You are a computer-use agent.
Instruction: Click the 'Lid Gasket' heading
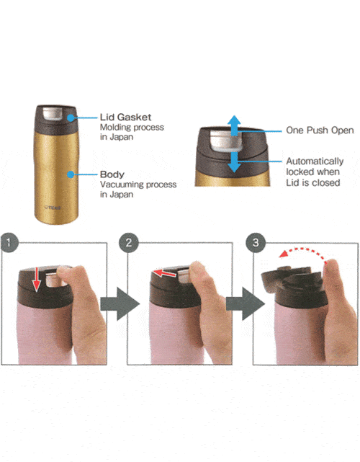pyautogui.click(x=125, y=117)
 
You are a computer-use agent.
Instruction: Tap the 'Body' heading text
pyautogui.click(x=112, y=174)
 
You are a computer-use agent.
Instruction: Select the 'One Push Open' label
pyautogui.click(x=320, y=130)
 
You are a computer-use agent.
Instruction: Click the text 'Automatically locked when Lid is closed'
pyautogui.click(x=315, y=172)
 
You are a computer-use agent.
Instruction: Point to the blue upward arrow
pyautogui.click(x=234, y=125)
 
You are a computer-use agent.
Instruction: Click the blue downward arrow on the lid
pyautogui.click(x=234, y=162)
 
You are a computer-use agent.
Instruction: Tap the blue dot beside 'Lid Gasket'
pyautogui.click(x=71, y=118)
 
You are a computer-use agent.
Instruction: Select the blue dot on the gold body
pyautogui.click(x=71, y=174)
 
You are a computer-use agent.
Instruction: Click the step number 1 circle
pyautogui.click(x=9, y=242)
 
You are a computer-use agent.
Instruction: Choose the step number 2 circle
pyautogui.click(x=129, y=242)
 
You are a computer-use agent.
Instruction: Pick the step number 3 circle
pyautogui.click(x=256, y=242)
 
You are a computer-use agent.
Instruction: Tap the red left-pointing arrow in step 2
pyautogui.click(x=165, y=273)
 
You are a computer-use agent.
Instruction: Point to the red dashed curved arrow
pyautogui.click(x=302, y=250)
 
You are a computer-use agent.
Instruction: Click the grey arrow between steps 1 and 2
pyautogui.click(x=120, y=303)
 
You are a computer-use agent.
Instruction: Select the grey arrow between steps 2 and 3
pyautogui.click(x=246, y=303)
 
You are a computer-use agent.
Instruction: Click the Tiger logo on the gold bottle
pyautogui.click(x=53, y=208)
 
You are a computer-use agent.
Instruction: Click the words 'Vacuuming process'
pyautogui.click(x=138, y=185)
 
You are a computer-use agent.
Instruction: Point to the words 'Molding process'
pyautogui.click(x=132, y=128)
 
